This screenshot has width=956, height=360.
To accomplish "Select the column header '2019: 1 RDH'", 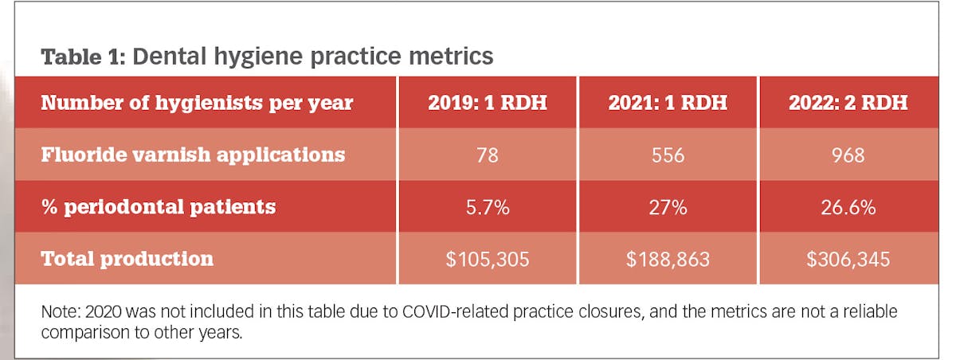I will click(487, 103).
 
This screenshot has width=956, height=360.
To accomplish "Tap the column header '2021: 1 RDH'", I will click(668, 103).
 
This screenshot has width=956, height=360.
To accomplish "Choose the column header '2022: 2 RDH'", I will click(848, 103).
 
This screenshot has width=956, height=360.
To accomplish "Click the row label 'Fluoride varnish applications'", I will click(193, 155).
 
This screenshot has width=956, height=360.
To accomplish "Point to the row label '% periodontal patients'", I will click(158, 207).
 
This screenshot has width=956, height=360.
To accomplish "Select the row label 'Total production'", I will click(127, 259).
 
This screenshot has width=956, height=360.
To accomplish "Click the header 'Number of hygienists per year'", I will click(196, 103).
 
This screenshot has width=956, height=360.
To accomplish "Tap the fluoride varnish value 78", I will click(487, 155).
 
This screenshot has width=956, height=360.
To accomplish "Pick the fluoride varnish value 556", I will click(668, 155).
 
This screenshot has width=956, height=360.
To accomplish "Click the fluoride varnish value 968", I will click(848, 155).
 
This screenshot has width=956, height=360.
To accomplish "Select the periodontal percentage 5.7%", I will click(487, 207).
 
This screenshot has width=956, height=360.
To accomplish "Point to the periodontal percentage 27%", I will click(668, 207).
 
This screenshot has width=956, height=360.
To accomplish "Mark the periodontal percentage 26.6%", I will click(848, 207).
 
